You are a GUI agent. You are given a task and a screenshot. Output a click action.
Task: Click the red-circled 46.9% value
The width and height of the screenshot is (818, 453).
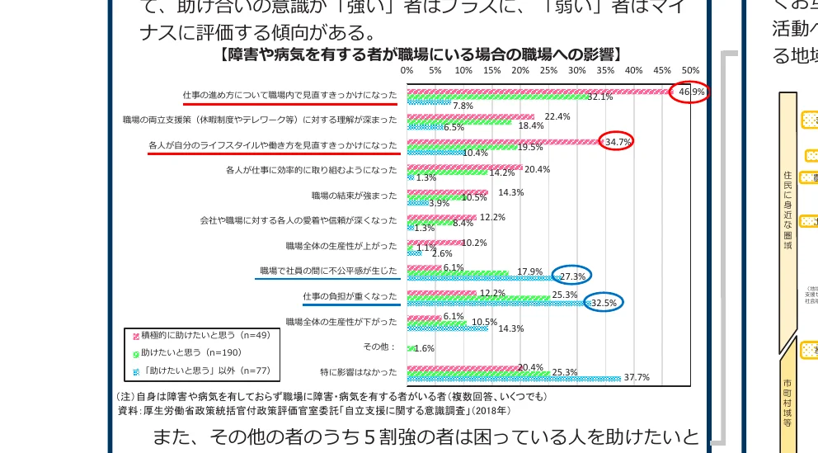691,92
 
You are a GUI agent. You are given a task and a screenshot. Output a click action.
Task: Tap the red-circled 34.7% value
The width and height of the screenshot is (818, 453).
618,142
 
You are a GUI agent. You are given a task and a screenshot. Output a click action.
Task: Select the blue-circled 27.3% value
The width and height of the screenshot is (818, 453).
572,276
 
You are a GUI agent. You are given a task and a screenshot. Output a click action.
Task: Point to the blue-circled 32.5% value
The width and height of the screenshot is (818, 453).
604,303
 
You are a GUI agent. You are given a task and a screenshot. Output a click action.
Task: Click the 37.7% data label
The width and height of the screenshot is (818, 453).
637,378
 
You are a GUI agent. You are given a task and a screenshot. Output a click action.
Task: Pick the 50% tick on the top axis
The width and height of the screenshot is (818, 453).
690,71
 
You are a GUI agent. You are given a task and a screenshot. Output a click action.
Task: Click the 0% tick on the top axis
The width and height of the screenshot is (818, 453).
407,71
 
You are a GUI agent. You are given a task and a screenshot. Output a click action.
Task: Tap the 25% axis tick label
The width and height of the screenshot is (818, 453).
548,71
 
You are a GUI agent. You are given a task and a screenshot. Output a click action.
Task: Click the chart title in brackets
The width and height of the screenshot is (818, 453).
421,54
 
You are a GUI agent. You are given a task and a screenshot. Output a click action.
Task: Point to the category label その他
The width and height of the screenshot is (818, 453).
380,347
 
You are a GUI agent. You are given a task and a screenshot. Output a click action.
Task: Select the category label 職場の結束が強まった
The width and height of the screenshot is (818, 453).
354,196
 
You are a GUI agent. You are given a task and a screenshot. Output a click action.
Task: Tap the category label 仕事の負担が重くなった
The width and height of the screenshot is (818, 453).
350,296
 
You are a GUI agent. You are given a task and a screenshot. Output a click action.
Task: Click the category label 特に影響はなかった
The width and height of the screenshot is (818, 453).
358,371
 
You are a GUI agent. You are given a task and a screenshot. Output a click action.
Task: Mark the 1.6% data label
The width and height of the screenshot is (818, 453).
423,349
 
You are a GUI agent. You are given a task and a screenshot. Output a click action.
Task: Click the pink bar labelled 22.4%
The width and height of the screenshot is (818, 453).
470,117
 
